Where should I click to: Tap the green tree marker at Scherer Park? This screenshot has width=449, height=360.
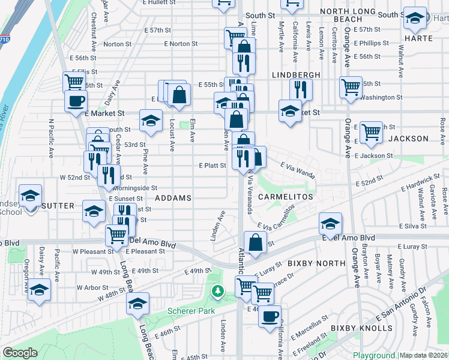(x=217, y=292)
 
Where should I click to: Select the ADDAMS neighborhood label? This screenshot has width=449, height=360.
(x=173, y=197)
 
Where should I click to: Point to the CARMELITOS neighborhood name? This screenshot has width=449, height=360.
(x=286, y=197)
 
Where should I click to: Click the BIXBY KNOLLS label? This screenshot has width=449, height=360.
(x=361, y=328)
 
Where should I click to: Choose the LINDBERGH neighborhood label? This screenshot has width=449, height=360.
(x=295, y=74)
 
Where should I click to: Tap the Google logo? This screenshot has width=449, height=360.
(x=20, y=353)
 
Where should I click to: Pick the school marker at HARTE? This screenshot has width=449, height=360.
(x=415, y=19)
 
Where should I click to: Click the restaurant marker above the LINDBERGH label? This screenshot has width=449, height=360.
(x=301, y=89)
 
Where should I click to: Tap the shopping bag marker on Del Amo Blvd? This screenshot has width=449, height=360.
(x=256, y=243)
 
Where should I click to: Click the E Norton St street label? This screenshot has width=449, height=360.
(x=180, y=43)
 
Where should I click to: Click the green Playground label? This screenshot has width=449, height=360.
(x=374, y=355)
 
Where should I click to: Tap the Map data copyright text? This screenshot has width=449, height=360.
(x=423, y=355)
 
